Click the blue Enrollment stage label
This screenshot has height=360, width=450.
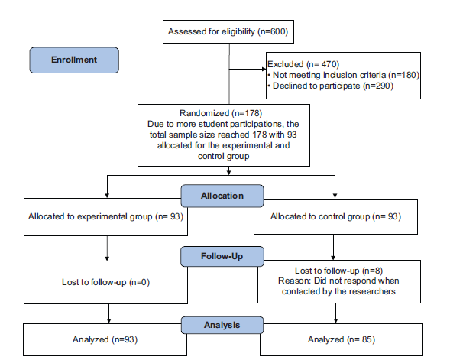point(74,60)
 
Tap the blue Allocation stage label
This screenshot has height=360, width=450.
point(222,196)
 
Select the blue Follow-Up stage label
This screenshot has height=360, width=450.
point(222,256)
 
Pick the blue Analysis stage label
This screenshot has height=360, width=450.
point(222,325)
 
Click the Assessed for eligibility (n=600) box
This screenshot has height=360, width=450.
point(228,31)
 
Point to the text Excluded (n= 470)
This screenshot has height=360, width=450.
point(303,64)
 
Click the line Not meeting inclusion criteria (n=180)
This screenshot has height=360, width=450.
point(343,75)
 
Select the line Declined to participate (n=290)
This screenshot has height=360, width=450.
point(330,86)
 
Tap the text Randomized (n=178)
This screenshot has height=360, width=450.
point(221,113)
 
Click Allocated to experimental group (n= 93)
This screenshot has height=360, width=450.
point(105,216)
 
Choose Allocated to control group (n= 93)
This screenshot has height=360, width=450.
point(335,216)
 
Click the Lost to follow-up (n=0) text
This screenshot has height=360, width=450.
point(105,282)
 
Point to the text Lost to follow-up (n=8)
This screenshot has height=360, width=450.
point(338,271)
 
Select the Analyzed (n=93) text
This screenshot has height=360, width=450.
point(105,339)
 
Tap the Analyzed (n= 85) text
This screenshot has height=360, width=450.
point(342,339)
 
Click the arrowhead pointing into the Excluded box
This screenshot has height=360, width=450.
point(264,69)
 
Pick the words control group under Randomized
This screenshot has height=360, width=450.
point(223,157)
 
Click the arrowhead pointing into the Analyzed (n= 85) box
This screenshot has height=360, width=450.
point(335,321)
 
